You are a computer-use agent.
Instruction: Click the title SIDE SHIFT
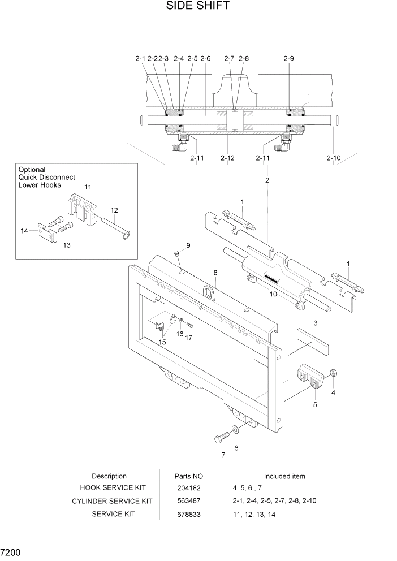[x=197, y=6]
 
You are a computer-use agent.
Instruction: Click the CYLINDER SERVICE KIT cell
[x=112, y=501]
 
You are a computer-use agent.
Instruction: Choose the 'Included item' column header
[x=284, y=476]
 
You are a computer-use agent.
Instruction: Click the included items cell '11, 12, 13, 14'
[x=254, y=514]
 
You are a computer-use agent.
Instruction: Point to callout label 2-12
[x=227, y=158]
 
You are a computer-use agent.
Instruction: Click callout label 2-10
[x=333, y=158]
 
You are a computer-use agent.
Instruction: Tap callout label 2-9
[x=288, y=58]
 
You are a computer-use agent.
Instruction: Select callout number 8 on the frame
[x=215, y=273]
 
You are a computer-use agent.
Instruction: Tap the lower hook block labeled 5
[x=309, y=376]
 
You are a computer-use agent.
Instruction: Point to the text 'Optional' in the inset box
[x=32, y=169]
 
